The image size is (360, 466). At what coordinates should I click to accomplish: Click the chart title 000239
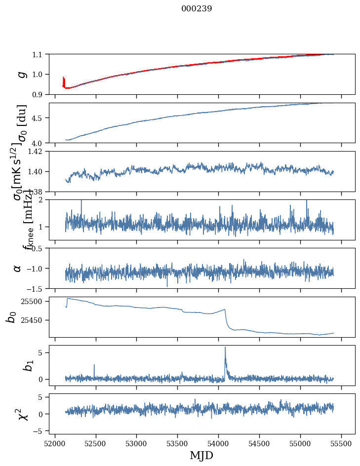pyautogui.click(x=197, y=9)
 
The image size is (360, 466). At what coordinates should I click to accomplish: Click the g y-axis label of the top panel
pyautogui.click(x=20, y=74)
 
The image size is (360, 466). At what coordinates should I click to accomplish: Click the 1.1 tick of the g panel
pyautogui.click(x=39, y=54)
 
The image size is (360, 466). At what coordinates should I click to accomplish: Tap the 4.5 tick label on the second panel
pyautogui.click(x=39, y=118)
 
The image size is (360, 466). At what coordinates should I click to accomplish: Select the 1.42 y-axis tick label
pyautogui.click(x=36, y=152)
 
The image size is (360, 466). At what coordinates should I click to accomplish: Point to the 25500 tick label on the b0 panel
pyautogui.click(x=33, y=301)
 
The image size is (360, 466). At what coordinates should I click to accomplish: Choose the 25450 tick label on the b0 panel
pyautogui.click(x=33, y=320)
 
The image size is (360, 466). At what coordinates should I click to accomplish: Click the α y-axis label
pyautogui.click(x=18, y=268)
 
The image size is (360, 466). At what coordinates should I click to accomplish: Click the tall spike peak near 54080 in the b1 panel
pyautogui.click(x=225, y=348)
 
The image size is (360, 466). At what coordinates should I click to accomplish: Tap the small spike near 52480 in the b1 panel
pyautogui.click(x=94, y=365)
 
